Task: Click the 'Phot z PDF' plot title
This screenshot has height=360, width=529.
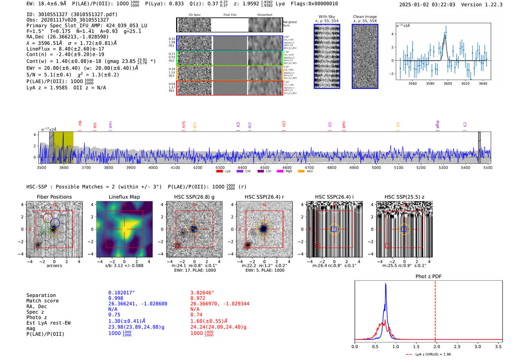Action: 428,277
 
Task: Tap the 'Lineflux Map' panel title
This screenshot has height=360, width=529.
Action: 124,197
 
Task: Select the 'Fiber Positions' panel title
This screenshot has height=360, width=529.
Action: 54,197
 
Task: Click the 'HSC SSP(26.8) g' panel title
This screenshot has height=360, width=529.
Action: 194,197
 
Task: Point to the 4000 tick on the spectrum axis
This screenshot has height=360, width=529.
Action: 153,168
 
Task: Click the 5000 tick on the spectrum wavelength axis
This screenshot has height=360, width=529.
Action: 376,168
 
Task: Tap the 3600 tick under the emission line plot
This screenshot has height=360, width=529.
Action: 448,83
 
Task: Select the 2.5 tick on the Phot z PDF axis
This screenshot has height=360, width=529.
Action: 457,346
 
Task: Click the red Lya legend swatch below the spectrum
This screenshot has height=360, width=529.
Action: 220,172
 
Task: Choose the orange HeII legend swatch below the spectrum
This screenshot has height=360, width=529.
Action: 301,172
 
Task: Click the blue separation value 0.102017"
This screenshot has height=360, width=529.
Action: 121,293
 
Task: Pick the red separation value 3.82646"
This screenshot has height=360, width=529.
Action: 202,293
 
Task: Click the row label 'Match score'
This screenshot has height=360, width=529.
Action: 42,301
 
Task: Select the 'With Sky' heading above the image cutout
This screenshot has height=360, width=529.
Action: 327,17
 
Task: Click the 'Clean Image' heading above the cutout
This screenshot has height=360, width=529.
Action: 365,17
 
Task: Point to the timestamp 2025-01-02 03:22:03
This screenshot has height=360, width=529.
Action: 427,5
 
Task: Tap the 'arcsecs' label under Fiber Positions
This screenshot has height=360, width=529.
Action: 54,266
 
